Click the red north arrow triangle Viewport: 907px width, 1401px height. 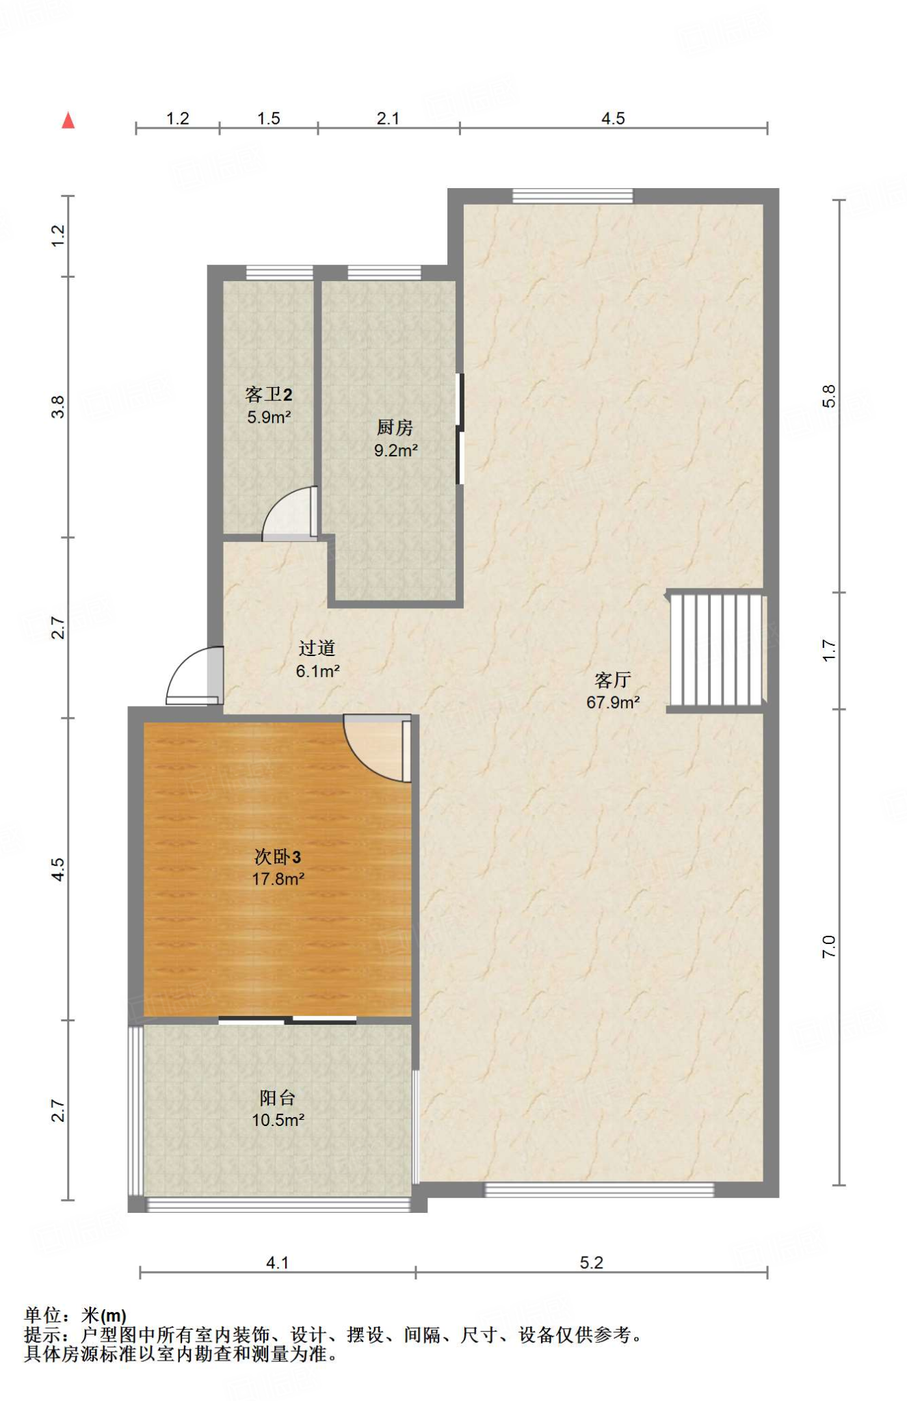click(68, 120)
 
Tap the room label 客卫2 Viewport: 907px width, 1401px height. click(269, 394)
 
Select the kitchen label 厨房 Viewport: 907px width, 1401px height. click(395, 428)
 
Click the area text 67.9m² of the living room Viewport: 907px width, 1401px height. click(613, 702)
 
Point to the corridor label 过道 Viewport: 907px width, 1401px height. click(317, 648)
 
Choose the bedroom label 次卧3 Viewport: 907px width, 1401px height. click(277, 856)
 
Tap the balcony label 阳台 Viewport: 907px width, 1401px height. click(277, 1098)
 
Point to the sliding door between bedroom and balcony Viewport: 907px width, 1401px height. click(287, 1020)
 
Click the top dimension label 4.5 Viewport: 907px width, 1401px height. click(613, 118)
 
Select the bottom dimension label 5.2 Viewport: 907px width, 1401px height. click(592, 1263)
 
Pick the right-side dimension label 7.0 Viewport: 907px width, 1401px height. click(828, 946)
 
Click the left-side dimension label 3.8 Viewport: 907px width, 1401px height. click(59, 407)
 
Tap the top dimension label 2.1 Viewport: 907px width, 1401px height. click(388, 118)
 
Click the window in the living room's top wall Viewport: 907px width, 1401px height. click(573, 196)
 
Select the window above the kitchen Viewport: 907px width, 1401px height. click(384, 273)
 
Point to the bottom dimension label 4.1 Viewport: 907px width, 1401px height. click(277, 1263)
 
